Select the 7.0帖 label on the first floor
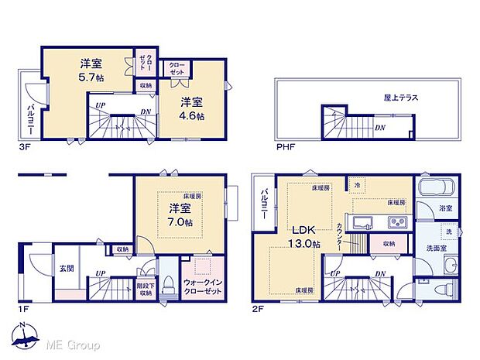click(x=181, y=221)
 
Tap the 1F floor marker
click(x=25, y=307)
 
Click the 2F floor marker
click(x=259, y=307)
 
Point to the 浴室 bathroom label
click(x=445, y=208)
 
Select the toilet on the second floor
click(x=444, y=290)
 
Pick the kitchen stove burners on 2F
click(x=396, y=223)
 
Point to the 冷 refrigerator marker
click(x=357, y=186)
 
